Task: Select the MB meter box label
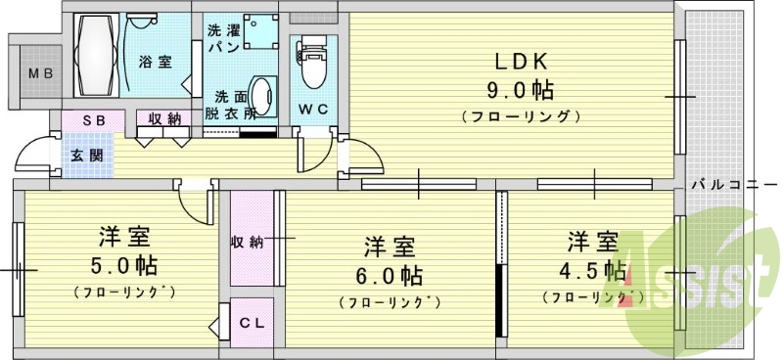[x=39, y=73]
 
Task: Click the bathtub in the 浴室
[x=95, y=54]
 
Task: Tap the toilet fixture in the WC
[x=313, y=61]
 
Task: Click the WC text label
[x=313, y=107]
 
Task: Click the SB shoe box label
[x=93, y=119]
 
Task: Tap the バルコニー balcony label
[x=731, y=183]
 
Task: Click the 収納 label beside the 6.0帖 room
[x=248, y=242]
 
